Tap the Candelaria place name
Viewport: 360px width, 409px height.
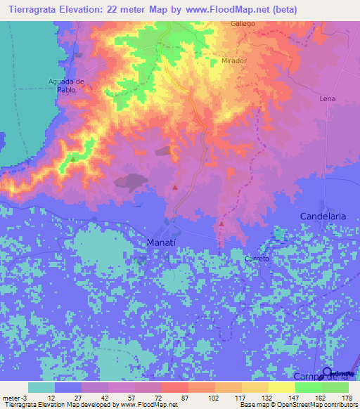click(x=323, y=216)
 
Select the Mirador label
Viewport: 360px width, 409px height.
click(x=233, y=61)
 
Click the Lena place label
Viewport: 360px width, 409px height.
click(x=328, y=99)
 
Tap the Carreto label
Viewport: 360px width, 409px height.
click(x=257, y=259)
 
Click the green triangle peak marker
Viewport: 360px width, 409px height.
click(x=73, y=159)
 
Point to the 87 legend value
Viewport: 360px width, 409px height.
click(x=185, y=397)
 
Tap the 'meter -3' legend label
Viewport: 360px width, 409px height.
click(x=14, y=397)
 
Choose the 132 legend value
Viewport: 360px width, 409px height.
click(x=264, y=397)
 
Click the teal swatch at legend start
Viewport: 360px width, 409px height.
click(x=41, y=387)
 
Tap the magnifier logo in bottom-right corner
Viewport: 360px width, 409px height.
click(x=327, y=372)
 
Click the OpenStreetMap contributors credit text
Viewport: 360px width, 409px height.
click(x=309, y=405)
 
